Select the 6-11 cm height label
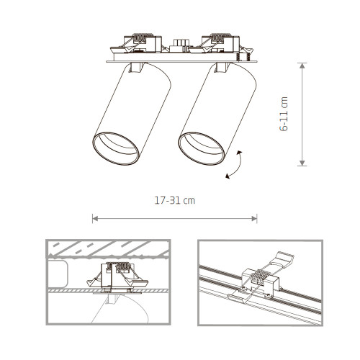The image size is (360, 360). (x=285, y=114)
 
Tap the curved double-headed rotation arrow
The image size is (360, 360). (x=235, y=163)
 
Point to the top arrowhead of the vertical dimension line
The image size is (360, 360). (x=302, y=66)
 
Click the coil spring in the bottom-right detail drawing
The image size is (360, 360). (x=264, y=279)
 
